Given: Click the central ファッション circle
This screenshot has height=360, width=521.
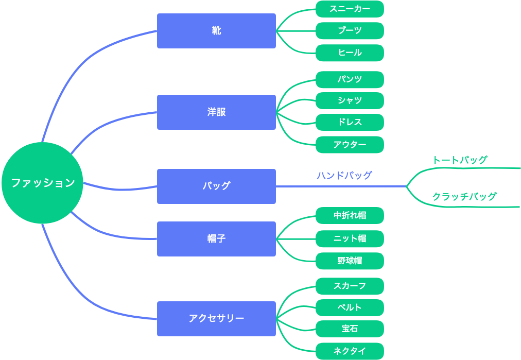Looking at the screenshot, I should [x=42, y=183].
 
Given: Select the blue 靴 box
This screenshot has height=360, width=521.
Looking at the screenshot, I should [x=216, y=31].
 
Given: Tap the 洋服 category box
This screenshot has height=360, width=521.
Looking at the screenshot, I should [x=216, y=112].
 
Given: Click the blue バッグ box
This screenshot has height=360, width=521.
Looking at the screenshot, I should [x=216, y=186].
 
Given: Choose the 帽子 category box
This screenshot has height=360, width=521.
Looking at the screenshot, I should [x=216, y=238].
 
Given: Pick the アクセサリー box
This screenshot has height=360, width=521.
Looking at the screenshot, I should [x=216, y=318].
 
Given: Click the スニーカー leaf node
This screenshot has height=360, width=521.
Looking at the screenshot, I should [x=350, y=9].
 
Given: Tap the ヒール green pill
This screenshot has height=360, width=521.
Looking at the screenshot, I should [x=350, y=53].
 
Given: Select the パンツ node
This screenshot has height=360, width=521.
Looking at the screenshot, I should [x=350, y=79].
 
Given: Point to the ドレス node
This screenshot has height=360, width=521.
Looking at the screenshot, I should [x=350, y=122].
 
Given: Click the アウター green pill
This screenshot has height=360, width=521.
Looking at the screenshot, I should [x=350, y=145].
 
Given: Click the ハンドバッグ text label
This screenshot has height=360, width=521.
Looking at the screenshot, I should [x=344, y=176].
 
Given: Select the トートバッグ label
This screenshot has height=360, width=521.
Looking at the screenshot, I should [x=459, y=160].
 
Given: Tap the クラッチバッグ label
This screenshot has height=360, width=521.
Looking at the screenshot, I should [x=464, y=196].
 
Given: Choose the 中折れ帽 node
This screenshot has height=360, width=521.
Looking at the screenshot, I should [x=350, y=215].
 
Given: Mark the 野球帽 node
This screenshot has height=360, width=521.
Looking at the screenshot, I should [x=350, y=261].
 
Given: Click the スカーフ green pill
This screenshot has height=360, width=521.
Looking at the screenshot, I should [x=350, y=286].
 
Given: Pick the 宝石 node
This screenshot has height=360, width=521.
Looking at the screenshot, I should [x=350, y=329].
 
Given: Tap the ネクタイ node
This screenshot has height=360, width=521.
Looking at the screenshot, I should [x=350, y=351].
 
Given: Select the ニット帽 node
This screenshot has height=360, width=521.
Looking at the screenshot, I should [x=350, y=238].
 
